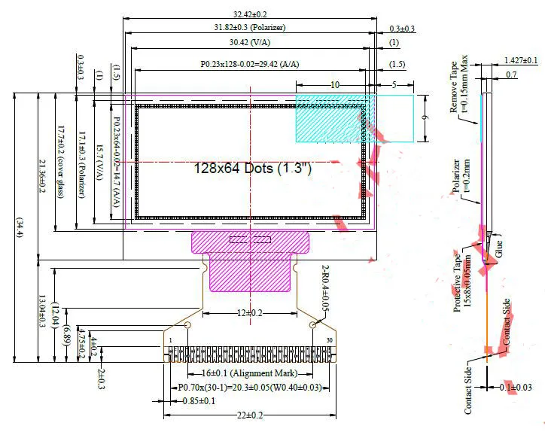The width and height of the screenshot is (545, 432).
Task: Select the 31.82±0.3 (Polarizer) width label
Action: pyautogui.click(x=249, y=28)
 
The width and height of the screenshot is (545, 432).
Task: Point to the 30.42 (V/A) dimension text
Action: pyautogui.click(x=250, y=42)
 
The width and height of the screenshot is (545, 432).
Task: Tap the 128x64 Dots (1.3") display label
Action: pyautogui.click(x=252, y=168)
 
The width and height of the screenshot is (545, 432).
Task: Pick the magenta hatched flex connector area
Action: pyautogui.click(x=250, y=260)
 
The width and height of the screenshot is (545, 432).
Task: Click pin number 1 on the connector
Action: pyautogui.click(x=172, y=342)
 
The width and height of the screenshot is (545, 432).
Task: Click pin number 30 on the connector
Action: pyautogui.click(x=329, y=342)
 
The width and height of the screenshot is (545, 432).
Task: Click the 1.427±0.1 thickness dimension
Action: pyautogui.click(x=520, y=60)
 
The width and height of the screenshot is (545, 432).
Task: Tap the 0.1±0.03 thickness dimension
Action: pyautogui.click(x=520, y=387)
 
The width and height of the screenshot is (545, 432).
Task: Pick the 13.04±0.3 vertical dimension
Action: pyautogui.click(x=41, y=311)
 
